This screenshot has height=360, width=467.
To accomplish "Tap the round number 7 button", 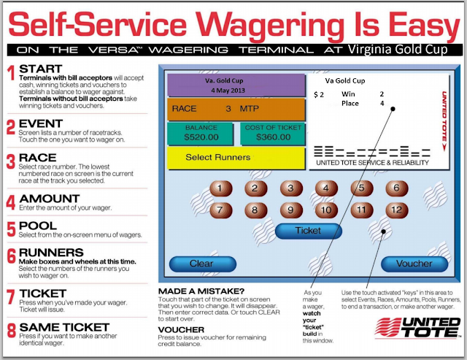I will (217, 211).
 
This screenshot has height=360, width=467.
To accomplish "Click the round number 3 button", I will (291, 188).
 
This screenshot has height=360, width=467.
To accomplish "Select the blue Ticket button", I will (308, 231).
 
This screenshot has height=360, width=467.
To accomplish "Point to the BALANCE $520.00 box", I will (198, 132).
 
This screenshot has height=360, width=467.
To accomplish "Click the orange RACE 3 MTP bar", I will (234, 108).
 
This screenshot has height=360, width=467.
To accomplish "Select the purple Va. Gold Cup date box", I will (234, 85).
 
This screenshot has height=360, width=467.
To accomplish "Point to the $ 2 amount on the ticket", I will (318, 95).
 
